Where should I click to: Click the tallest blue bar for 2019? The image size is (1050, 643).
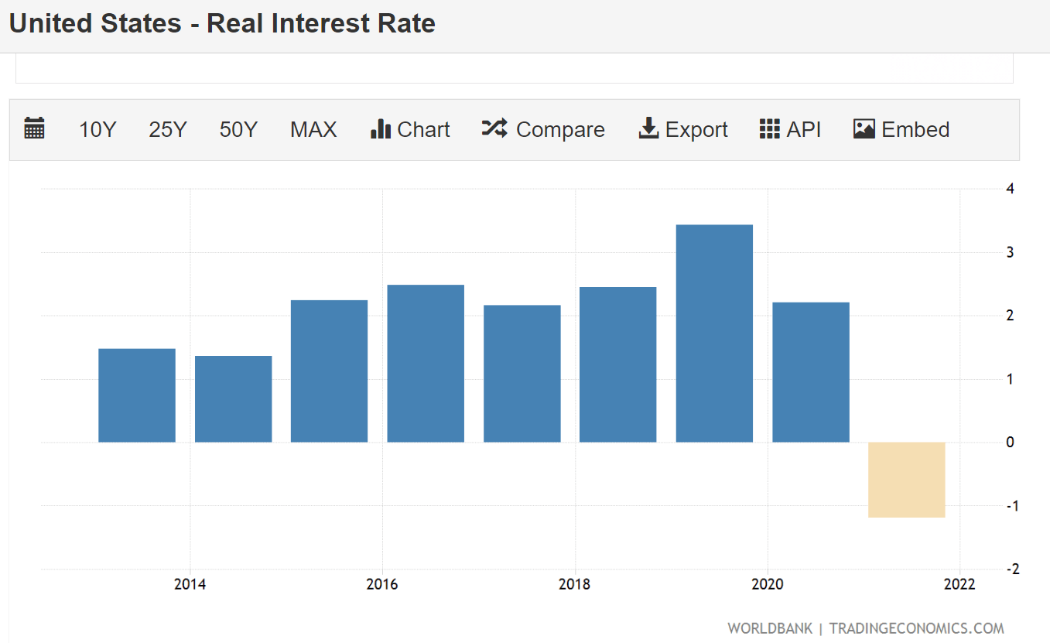(x=714, y=333)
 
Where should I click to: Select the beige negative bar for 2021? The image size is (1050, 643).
(x=906, y=480)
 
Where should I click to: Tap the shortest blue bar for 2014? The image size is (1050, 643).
(x=233, y=399)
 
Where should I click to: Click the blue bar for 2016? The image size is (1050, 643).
(x=426, y=364)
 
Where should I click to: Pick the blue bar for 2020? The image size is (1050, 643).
(x=810, y=372)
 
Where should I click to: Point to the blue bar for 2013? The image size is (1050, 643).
(x=137, y=395)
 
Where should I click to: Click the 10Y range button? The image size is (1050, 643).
(x=97, y=130)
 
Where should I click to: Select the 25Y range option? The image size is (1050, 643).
(x=168, y=130)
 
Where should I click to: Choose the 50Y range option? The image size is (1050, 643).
(x=238, y=130)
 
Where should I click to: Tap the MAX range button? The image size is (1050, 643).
(x=313, y=130)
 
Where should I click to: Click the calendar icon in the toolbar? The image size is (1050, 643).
(x=35, y=128)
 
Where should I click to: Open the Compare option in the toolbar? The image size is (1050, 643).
(x=543, y=130)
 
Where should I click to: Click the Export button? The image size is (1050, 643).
(x=683, y=130)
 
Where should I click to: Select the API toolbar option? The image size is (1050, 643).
(x=790, y=130)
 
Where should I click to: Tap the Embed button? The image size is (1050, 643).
(x=901, y=130)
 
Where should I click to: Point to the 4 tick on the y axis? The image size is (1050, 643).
(x=1011, y=189)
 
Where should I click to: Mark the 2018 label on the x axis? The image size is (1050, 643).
(x=574, y=585)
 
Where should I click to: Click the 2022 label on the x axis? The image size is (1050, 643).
(x=959, y=585)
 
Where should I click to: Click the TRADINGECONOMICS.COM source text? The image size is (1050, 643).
(x=916, y=628)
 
